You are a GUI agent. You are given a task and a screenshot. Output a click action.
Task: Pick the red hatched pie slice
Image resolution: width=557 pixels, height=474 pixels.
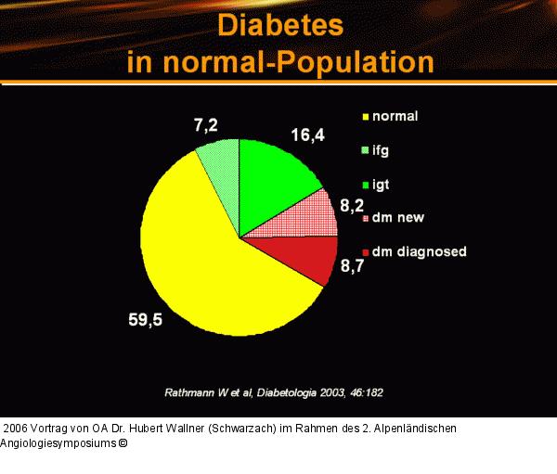click(310, 215)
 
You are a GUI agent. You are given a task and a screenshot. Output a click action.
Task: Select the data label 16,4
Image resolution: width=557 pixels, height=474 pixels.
click(307, 135)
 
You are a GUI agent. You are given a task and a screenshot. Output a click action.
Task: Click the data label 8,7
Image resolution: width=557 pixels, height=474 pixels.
click(352, 267)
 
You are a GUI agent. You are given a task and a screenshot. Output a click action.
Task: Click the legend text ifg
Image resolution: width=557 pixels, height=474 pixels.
click(380, 150)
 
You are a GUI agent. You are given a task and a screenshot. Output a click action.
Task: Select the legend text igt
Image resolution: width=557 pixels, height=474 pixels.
click(380, 184)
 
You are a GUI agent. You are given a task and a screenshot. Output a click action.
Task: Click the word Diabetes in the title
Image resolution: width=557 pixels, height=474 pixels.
click(279, 25)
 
